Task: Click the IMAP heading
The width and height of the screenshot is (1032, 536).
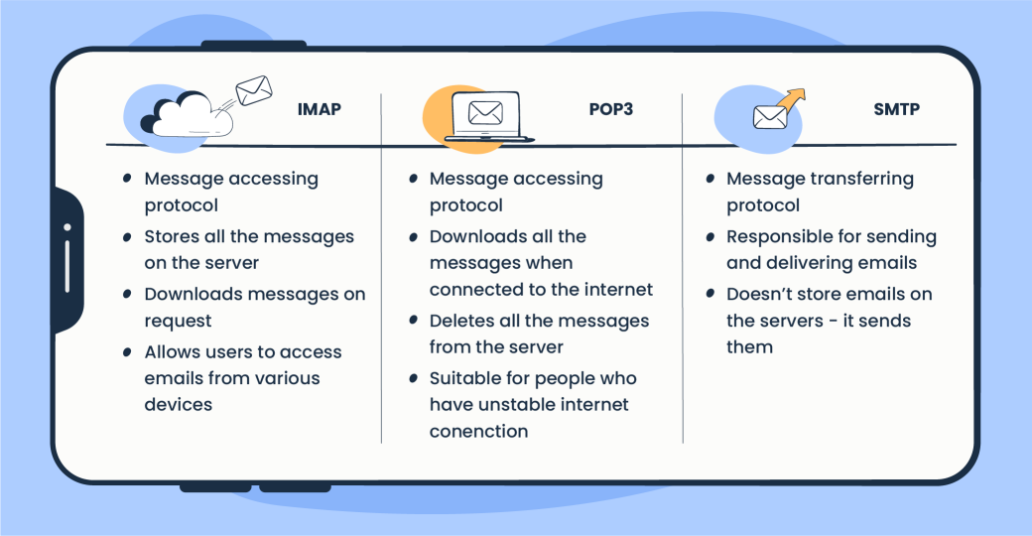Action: coord(319,109)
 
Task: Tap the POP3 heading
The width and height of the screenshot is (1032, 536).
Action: coord(610,109)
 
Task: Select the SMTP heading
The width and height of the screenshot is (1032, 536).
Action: coord(896,109)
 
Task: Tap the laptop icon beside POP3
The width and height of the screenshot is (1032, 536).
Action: coord(486,117)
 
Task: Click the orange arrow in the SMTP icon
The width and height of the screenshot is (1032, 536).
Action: coord(791,99)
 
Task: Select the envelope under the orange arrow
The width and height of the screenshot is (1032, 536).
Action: coord(769,117)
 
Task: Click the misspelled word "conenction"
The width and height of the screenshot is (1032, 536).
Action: coord(478,431)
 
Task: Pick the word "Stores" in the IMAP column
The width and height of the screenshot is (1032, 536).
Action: coord(171,236)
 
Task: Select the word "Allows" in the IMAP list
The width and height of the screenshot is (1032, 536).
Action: coord(171,351)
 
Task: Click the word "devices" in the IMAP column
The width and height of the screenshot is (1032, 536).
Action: coord(179,404)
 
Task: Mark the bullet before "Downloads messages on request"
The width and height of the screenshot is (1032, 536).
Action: coord(127,294)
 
